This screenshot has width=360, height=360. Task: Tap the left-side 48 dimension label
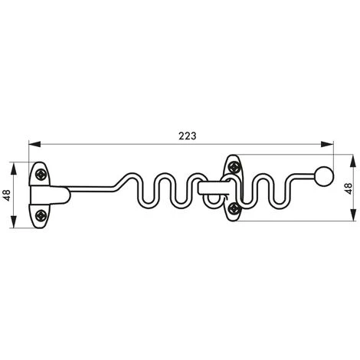point(7,195)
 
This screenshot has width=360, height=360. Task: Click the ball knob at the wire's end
point(325,175)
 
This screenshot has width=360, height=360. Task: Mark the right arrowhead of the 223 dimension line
point(332,143)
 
